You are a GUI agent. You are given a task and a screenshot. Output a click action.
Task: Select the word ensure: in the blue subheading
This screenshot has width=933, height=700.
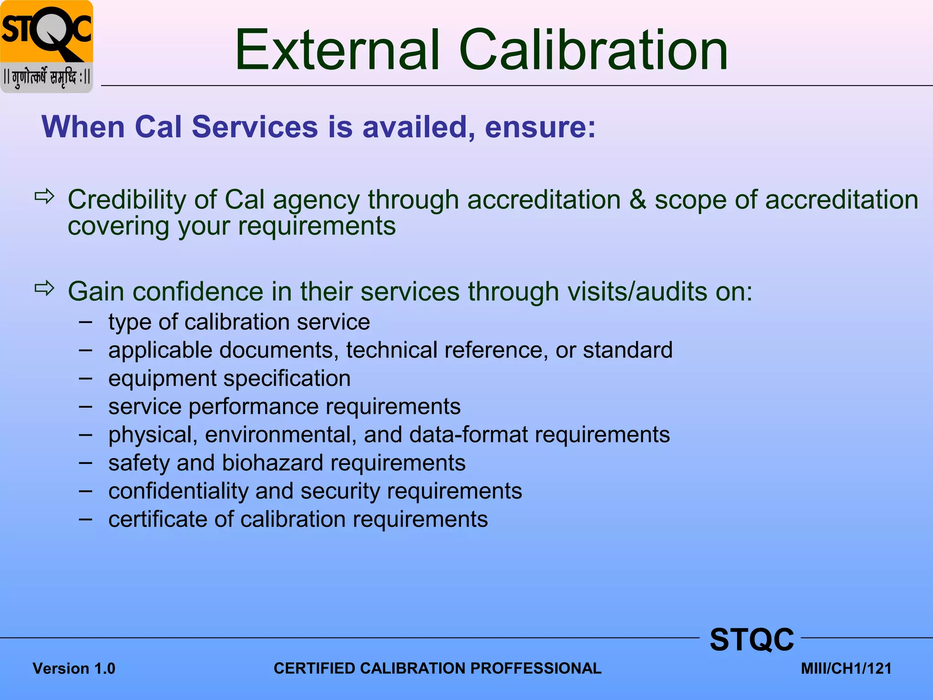click(540, 127)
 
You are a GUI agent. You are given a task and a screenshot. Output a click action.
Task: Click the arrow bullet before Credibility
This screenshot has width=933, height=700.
click(45, 197)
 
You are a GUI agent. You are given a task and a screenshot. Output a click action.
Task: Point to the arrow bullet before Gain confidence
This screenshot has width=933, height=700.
click(45, 288)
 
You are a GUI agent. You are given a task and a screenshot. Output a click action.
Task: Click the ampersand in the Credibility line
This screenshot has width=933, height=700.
click(637, 200)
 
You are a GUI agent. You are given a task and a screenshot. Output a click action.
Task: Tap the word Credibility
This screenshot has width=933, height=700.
click(127, 200)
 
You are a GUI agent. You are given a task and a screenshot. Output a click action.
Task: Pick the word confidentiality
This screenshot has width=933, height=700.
click(178, 491)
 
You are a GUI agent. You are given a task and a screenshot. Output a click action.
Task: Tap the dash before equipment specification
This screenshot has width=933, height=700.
click(85, 378)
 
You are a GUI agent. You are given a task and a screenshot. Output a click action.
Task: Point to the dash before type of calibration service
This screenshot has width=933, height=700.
click(85, 322)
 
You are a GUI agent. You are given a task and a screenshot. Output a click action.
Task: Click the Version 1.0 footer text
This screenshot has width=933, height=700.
click(74, 669)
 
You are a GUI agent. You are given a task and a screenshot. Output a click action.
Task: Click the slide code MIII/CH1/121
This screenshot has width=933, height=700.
click(846, 669)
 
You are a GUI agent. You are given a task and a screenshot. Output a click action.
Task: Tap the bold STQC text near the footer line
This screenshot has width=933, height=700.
click(752, 640)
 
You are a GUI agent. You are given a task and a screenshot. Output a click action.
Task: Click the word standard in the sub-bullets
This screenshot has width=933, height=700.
click(627, 350)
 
